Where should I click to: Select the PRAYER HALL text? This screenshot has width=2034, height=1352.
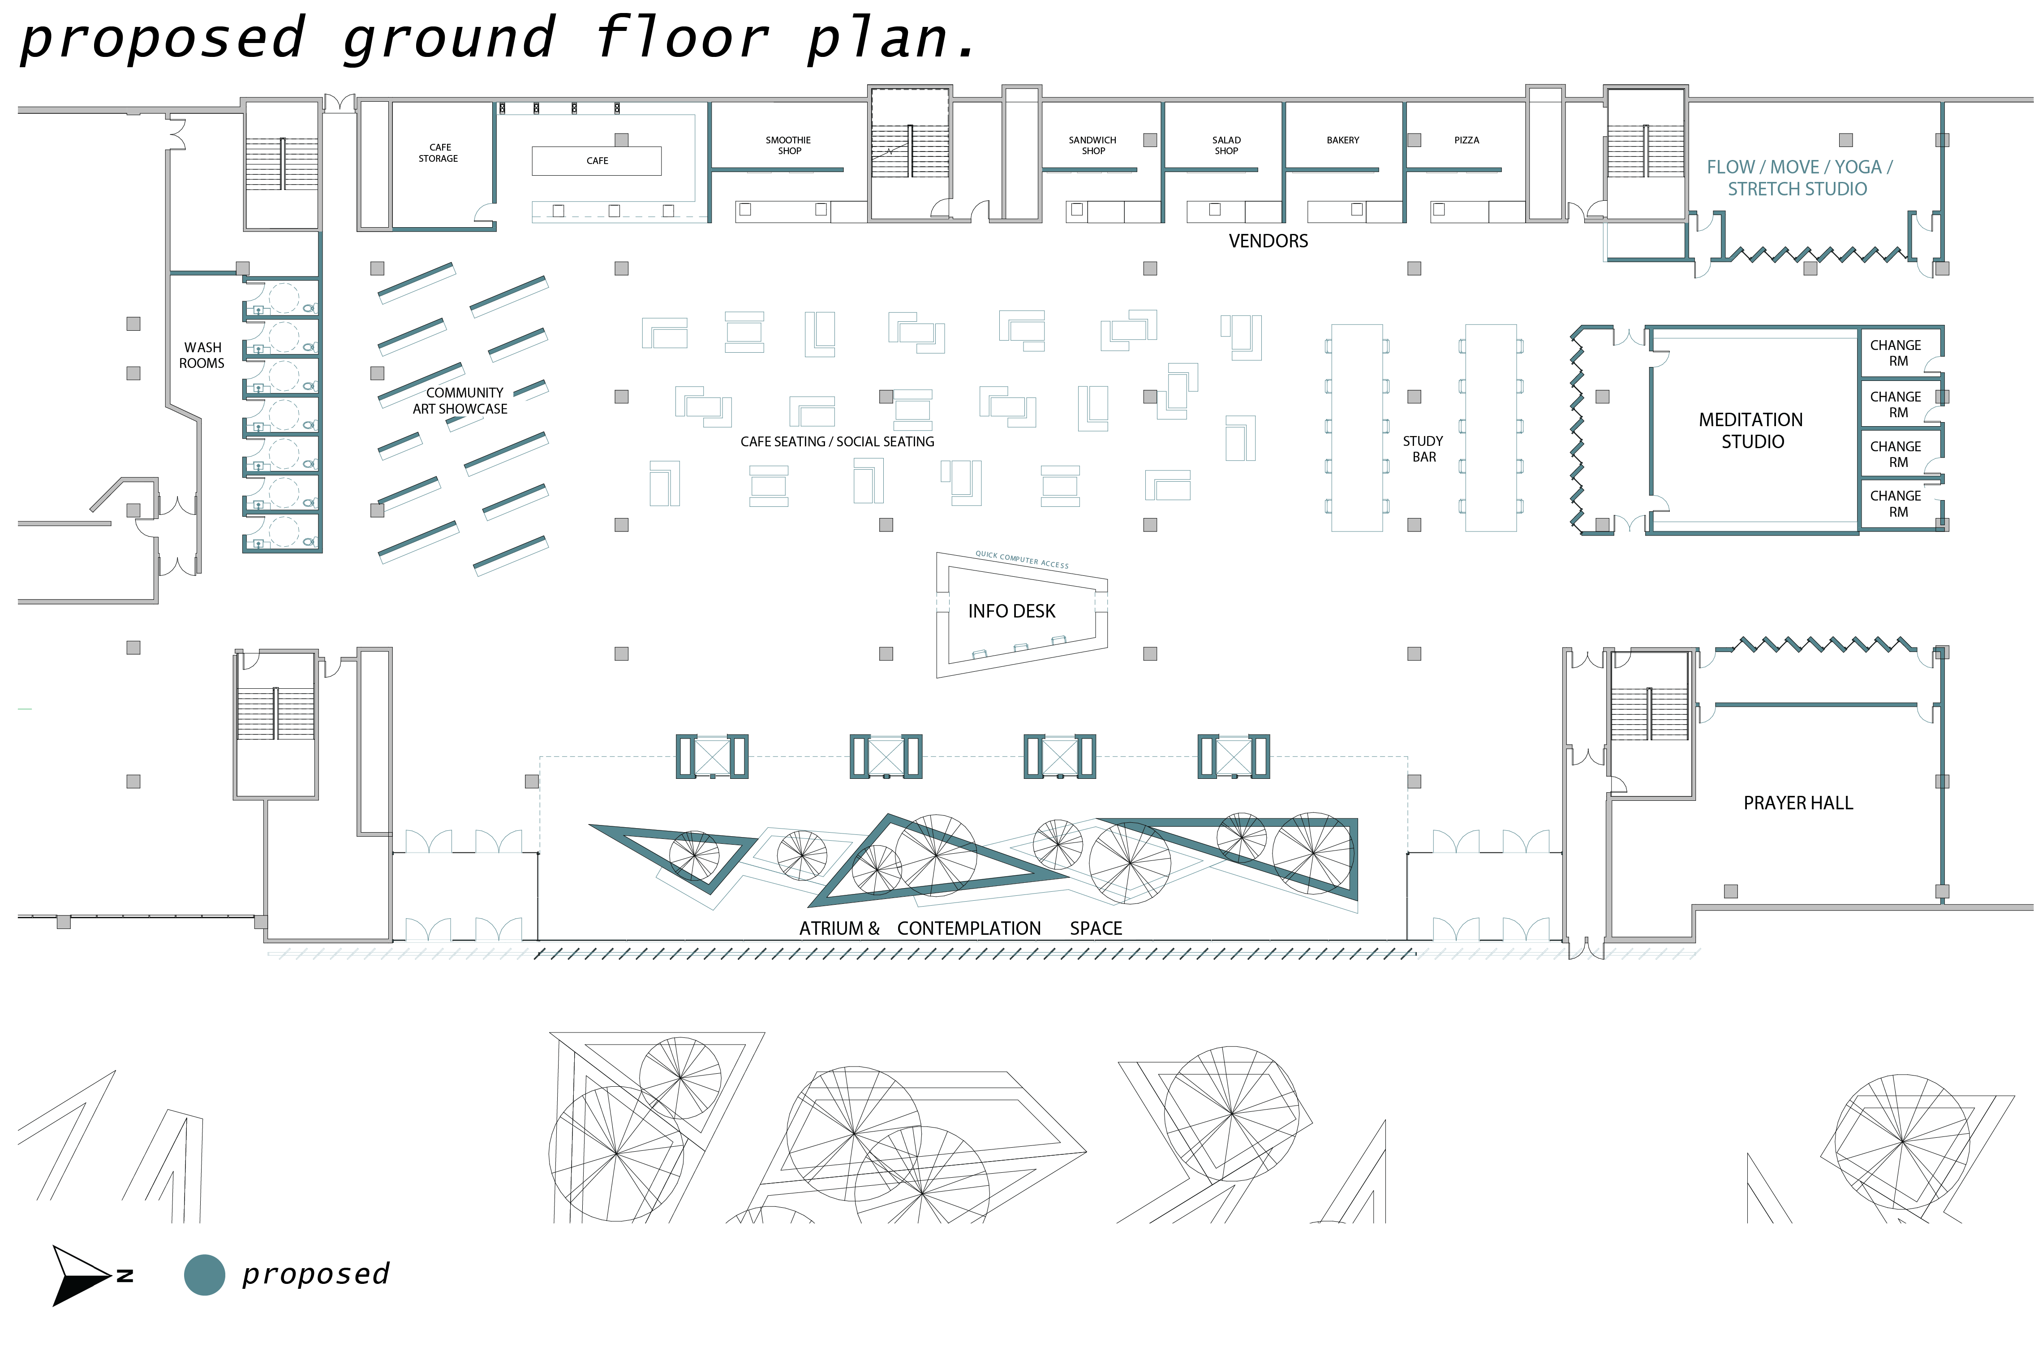(1798, 803)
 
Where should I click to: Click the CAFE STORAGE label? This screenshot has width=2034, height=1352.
(439, 153)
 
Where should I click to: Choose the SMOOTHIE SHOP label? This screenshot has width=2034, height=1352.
(789, 145)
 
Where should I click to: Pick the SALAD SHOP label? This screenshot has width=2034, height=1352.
(1226, 145)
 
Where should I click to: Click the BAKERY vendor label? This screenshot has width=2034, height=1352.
(1343, 140)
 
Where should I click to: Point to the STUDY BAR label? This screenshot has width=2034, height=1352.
(1423, 449)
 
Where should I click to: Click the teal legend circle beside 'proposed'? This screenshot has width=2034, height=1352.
(204, 1274)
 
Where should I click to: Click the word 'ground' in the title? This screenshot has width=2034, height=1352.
(448, 39)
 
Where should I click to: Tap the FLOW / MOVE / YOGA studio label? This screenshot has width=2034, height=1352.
(1799, 177)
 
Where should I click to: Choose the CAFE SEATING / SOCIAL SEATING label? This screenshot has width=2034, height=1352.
(837, 441)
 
